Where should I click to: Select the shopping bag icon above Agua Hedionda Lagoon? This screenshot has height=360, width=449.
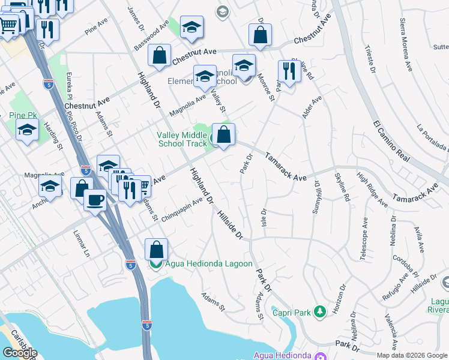pyautogui.click(x=156, y=248)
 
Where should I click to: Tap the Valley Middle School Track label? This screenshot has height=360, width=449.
pyautogui.click(x=182, y=139)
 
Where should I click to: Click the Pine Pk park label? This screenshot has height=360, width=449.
pyautogui.click(x=24, y=115)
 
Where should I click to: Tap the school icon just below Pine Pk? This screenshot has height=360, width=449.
pyautogui.click(x=28, y=130)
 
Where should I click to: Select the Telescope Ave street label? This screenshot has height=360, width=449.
pyautogui.click(x=364, y=238)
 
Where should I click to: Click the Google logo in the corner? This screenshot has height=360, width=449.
pyautogui.click(x=19, y=352)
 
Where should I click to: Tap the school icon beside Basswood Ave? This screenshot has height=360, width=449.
pyautogui.click(x=191, y=27)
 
